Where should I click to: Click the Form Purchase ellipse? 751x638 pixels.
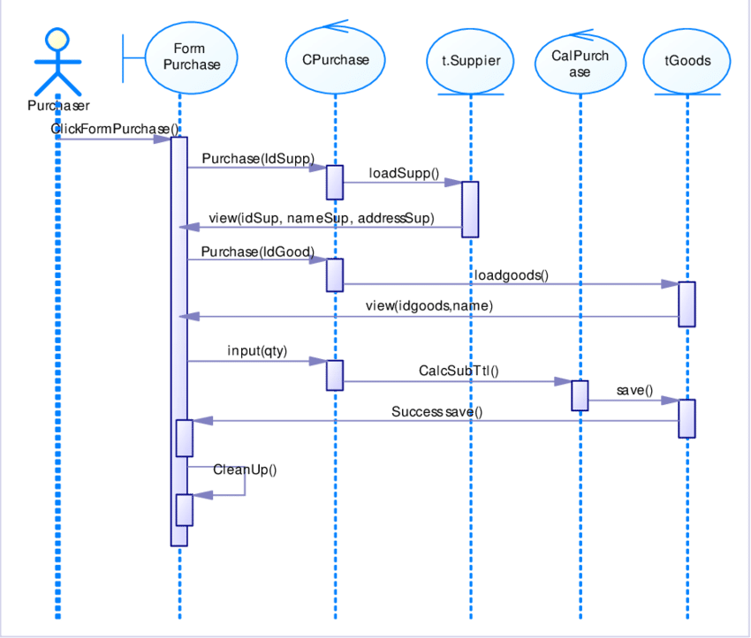pyautogui.click(x=192, y=58)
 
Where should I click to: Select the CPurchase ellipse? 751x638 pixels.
pyautogui.click(x=335, y=60)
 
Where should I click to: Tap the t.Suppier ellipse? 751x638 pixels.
pyautogui.click(x=470, y=61)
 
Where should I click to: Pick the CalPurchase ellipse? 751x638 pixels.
pyautogui.click(x=580, y=63)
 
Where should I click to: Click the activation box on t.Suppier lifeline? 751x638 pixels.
pyautogui.click(x=470, y=209)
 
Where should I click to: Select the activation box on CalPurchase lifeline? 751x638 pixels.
pyautogui.click(x=580, y=394)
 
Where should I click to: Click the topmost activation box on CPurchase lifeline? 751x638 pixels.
pyautogui.click(x=335, y=182)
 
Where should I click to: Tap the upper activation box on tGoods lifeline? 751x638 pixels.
pyautogui.click(x=687, y=304)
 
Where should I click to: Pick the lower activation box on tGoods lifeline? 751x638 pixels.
pyautogui.click(x=687, y=418)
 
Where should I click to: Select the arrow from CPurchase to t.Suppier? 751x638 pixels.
pyautogui.click(x=402, y=183)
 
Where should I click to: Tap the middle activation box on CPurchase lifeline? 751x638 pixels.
pyautogui.click(x=335, y=274)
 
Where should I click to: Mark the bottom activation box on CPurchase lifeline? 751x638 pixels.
pyautogui.click(x=335, y=374)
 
